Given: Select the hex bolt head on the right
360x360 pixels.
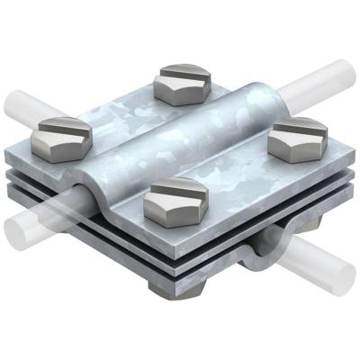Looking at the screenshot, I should (297, 136).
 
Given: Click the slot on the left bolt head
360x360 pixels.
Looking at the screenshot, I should (59, 127).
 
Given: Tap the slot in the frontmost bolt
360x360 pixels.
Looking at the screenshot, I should (175, 192).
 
